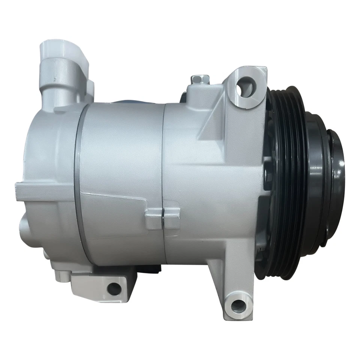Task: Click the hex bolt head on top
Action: click(x=196, y=79)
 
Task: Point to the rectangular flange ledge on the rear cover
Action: click(x=41, y=189)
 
